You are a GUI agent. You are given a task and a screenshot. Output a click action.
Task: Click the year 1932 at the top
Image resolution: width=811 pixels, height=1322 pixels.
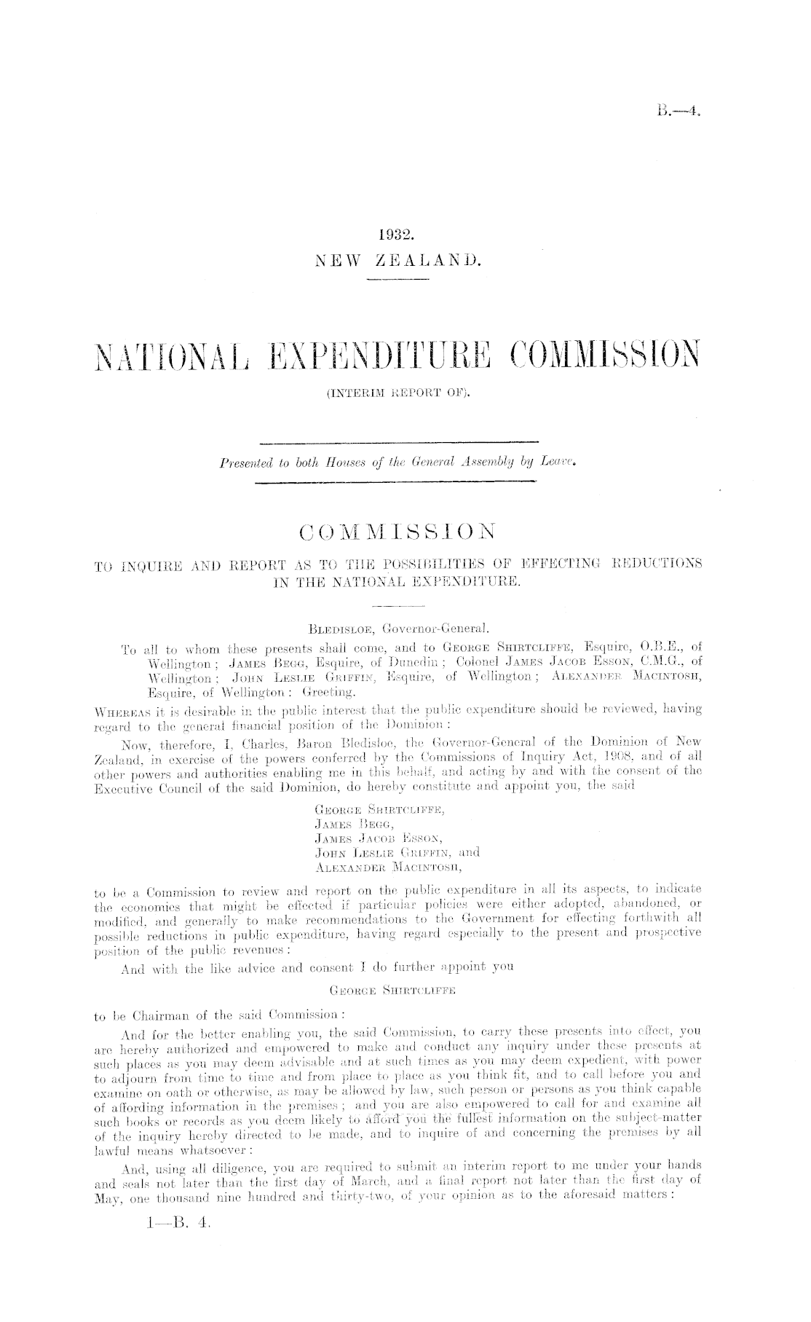[x=396, y=235]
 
